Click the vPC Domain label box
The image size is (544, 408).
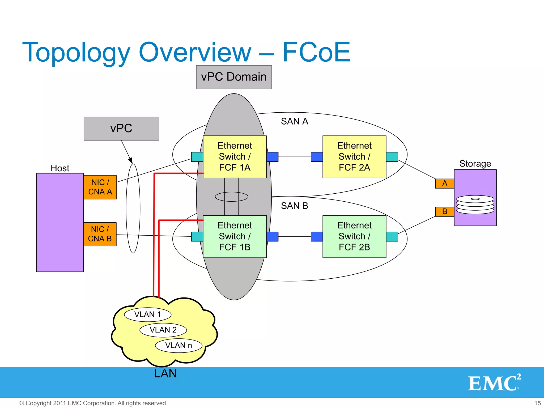click(234, 77)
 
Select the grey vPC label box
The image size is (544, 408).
click(121, 129)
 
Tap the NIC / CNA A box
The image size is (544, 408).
click(100, 187)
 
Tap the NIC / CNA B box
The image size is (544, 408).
click(100, 234)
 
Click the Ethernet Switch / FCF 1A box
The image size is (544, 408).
click(235, 157)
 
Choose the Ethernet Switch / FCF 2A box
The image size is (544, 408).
click(354, 157)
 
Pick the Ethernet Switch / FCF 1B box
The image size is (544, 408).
click(235, 236)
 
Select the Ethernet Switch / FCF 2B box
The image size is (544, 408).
click(354, 236)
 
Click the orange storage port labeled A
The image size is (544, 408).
click(444, 184)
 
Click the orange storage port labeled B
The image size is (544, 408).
click(444, 212)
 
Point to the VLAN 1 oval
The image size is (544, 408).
click(148, 314)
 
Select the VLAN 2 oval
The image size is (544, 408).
click(163, 330)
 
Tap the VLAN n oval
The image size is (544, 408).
click(178, 345)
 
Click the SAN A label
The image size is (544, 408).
click(294, 121)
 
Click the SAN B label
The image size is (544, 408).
click(294, 206)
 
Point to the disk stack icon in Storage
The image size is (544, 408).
click(475, 205)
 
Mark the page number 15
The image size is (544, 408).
click(537, 403)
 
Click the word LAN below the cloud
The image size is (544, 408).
click(165, 373)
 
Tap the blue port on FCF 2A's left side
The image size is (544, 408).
click(317, 157)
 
